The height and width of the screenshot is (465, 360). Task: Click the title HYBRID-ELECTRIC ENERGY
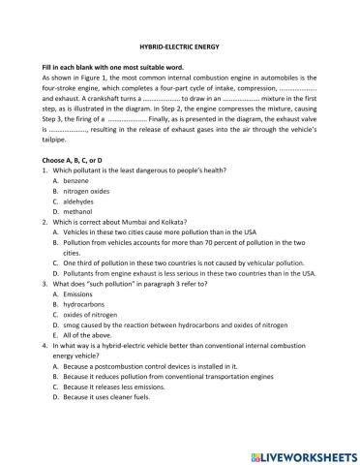[180, 46]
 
